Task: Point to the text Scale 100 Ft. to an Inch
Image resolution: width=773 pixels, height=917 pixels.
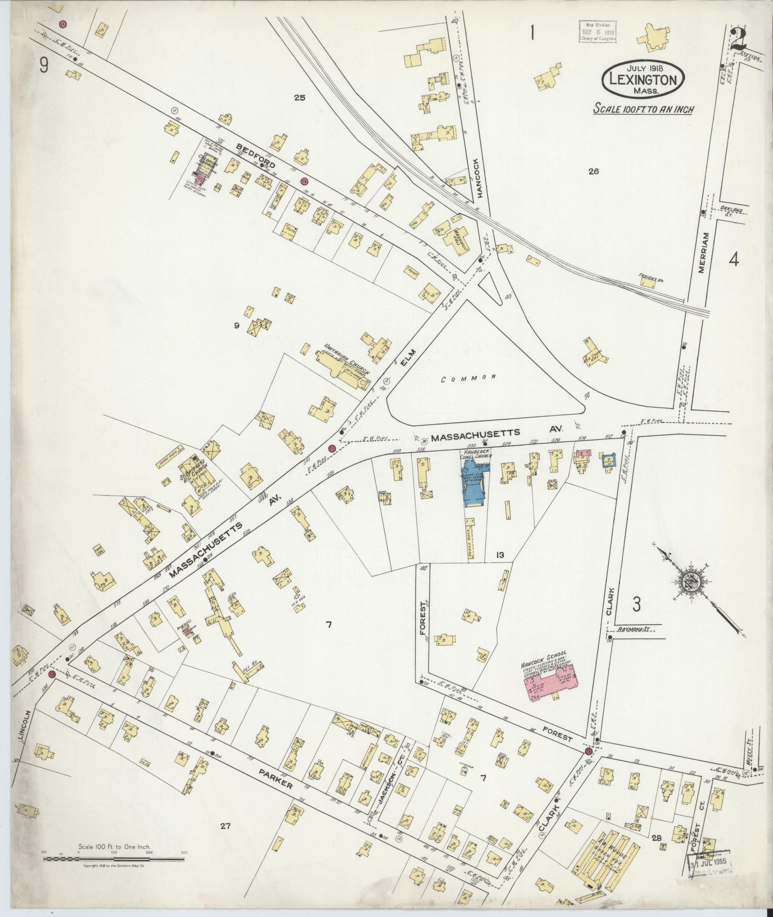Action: pos(644,109)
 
